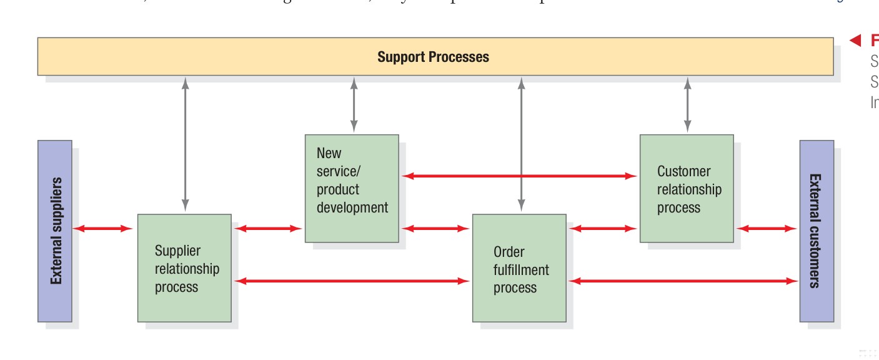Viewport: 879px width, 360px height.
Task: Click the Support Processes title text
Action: click(433, 57)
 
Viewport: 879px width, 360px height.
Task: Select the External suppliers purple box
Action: click(55, 231)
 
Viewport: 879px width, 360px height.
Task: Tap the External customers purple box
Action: click(817, 231)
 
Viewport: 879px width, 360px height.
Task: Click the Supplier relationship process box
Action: click(184, 268)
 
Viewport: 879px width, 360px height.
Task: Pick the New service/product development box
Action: click(352, 188)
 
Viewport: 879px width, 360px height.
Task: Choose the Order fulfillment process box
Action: click(519, 268)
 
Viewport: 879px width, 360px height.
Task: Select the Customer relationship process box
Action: click(687, 188)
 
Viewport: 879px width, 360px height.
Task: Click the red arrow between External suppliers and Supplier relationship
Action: click(104, 229)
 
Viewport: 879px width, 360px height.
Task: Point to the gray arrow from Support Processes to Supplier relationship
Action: click(185, 144)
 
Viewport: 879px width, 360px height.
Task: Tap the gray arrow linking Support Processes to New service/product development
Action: click(354, 104)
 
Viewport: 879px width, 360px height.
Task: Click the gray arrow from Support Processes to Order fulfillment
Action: click(522, 144)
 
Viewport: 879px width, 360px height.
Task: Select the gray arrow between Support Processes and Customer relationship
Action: click(688, 104)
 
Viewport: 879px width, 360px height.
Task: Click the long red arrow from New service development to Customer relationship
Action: click(519, 176)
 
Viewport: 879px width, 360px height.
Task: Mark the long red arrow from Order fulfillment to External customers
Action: click(683, 281)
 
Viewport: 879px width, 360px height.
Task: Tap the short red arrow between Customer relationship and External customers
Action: click(767, 229)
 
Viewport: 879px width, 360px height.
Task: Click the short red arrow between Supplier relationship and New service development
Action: click(268, 229)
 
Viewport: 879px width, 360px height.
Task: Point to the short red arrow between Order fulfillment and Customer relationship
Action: click(603, 229)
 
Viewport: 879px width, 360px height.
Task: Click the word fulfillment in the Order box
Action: click(521, 270)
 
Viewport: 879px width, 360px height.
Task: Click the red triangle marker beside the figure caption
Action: click(855, 41)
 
